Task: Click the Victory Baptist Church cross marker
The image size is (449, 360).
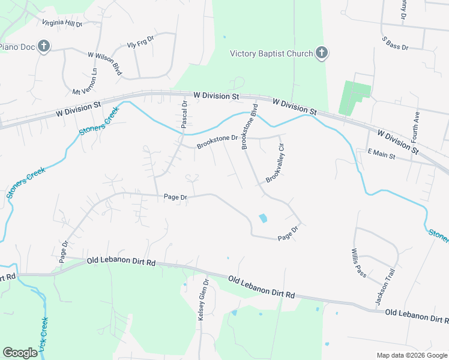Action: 322,53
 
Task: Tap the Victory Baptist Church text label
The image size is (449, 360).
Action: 271,53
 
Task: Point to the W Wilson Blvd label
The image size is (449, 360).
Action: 105,63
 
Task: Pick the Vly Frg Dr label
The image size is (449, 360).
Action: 140,44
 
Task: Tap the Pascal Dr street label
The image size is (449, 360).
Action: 185,115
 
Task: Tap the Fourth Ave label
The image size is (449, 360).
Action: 415,125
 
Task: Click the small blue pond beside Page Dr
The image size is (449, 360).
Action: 262,218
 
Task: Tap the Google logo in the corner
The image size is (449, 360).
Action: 20,353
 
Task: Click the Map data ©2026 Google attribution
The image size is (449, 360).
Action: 411,355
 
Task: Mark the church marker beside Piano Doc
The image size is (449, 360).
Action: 43,47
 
